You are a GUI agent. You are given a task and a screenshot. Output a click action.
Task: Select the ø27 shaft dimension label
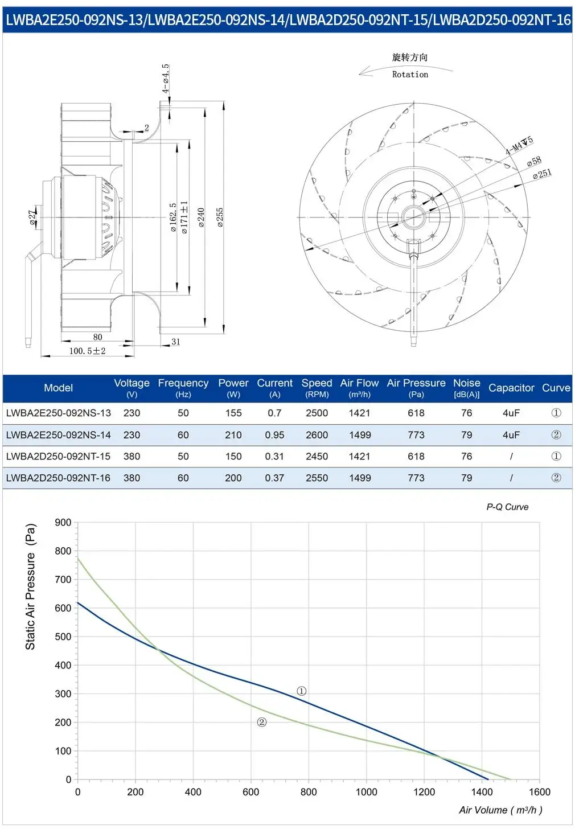coord(33,216)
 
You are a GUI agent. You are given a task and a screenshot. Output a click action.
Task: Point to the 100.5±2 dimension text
coord(88,351)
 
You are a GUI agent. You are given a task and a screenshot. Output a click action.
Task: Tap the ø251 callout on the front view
coord(542,173)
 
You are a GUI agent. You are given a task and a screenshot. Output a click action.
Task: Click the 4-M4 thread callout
coord(519,145)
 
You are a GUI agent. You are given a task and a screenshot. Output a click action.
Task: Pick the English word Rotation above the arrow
coord(410,75)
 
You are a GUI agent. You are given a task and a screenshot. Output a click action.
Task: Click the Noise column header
coord(466,388)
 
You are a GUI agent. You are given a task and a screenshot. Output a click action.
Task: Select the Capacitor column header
coord(511,388)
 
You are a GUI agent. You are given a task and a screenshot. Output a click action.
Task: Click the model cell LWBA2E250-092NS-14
coord(59,435)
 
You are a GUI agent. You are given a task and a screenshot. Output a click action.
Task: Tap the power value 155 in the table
coord(233,413)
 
